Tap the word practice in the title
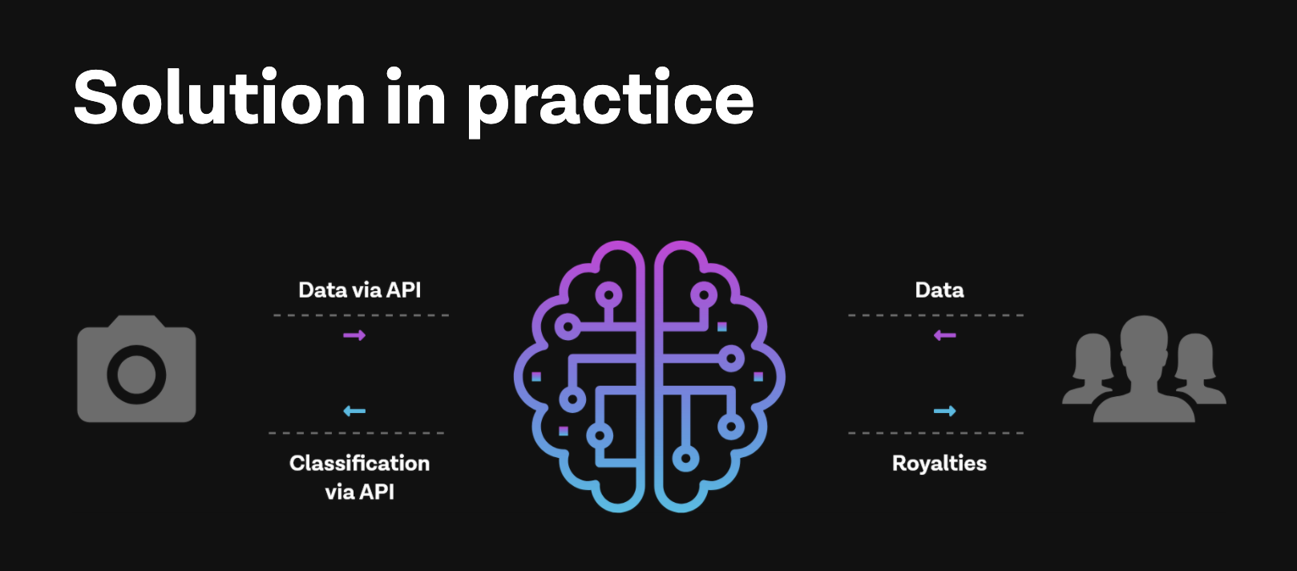(610, 101)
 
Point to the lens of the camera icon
(136, 375)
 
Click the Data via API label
(359, 290)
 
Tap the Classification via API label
(359, 477)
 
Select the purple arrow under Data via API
(354, 335)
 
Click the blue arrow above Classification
(354, 411)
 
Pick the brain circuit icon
(649, 375)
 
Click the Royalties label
(939, 464)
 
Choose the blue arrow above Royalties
(945, 411)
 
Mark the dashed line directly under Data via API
(361, 315)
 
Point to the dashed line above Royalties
(935, 433)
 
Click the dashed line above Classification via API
(357, 433)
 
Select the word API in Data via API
(403, 290)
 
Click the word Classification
(359, 464)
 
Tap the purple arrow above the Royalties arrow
(945, 335)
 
